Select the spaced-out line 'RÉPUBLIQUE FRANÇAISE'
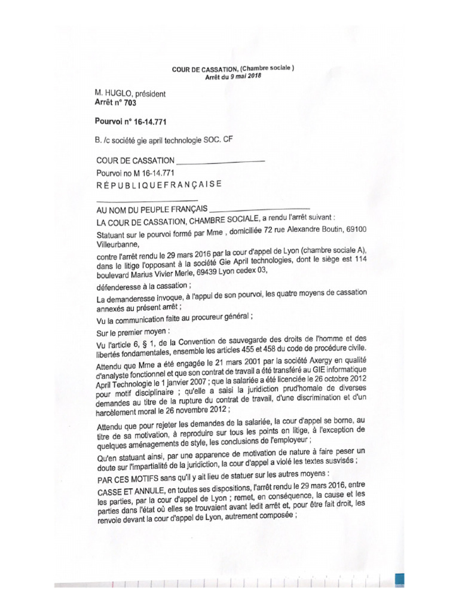(158, 185)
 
